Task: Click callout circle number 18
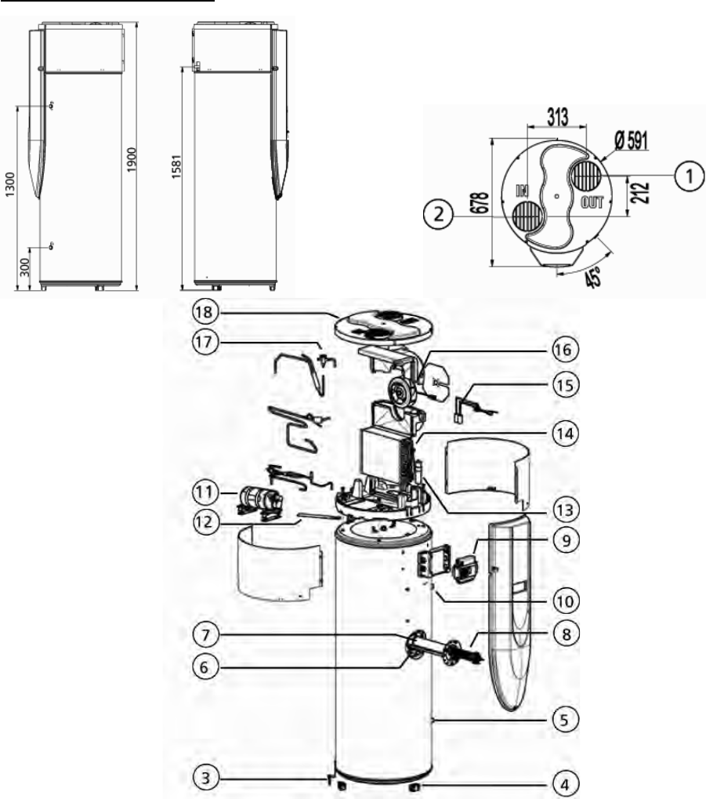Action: (205, 311)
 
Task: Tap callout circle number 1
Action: (690, 176)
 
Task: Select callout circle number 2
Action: (438, 215)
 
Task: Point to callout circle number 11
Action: (205, 492)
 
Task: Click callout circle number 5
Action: (565, 720)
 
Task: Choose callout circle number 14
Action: (565, 434)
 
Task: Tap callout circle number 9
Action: (565, 539)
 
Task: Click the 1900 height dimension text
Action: (132, 159)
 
